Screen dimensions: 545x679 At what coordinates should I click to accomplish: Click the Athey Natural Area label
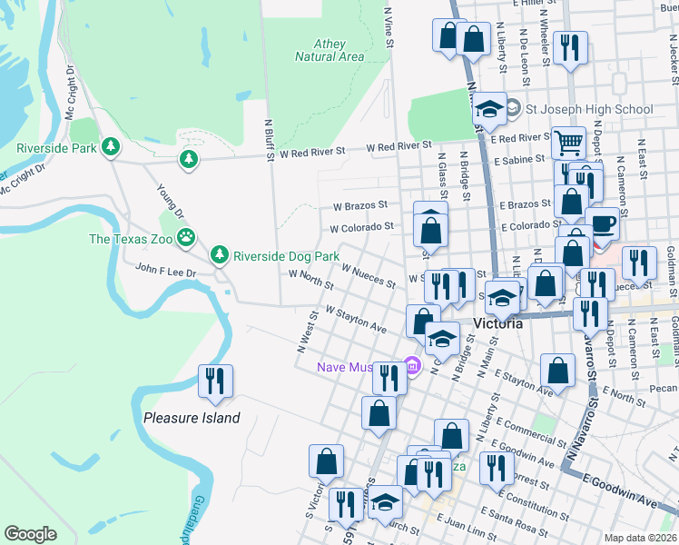point(330,50)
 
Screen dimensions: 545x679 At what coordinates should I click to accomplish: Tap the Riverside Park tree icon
point(111,146)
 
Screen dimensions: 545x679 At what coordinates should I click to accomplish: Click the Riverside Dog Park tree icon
point(219,255)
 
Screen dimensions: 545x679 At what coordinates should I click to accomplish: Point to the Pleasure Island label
point(192,418)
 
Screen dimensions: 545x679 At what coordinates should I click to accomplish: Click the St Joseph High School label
point(589,109)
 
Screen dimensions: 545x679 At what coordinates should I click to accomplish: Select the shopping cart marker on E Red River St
point(568,142)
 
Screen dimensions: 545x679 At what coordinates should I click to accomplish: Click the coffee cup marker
point(602,223)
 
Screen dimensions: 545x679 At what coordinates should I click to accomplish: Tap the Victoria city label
point(497,323)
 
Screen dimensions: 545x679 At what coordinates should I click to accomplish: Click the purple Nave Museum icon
point(414,367)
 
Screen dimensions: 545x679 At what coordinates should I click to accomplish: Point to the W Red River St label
point(399,146)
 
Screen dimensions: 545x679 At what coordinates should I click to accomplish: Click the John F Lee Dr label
point(140,269)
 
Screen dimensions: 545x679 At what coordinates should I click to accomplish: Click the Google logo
point(30,533)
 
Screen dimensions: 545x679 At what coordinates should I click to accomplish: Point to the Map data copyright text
point(640,538)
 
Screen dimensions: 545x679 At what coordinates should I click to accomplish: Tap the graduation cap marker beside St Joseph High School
point(489,110)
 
